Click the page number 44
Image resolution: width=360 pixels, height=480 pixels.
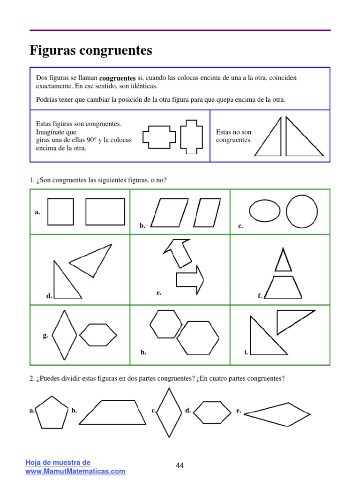point(180,465)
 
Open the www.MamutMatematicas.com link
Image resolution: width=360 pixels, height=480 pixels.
point(75,472)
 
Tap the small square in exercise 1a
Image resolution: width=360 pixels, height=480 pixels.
point(60,212)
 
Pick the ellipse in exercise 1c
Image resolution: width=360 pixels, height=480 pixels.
point(265,211)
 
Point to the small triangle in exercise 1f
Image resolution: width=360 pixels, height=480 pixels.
point(283,261)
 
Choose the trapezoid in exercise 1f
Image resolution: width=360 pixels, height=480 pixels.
point(283,287)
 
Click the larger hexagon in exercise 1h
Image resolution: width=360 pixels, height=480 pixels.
point(197,338)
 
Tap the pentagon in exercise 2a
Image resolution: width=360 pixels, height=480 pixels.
point(52,412)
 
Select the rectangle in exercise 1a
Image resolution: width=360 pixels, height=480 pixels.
point(105,212)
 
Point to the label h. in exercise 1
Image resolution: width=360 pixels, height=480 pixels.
point(143,352)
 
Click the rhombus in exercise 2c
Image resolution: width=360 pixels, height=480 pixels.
point(169,412)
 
